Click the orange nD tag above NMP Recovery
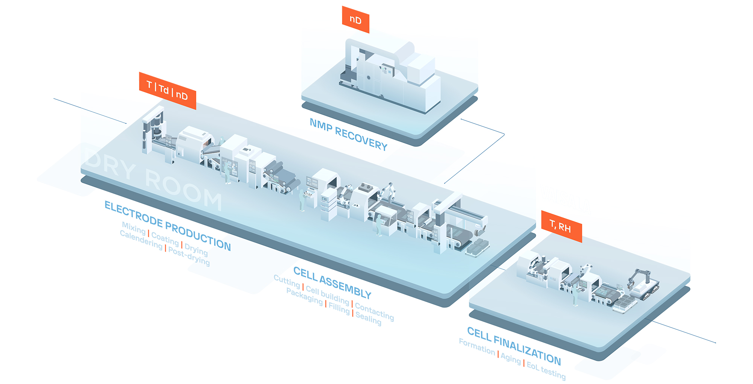pyautogui.click(x=355, y=20)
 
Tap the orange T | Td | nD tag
pyautogui.click(x=167, y=90)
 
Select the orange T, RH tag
pyautogui.click(x=561, y=226)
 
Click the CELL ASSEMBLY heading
pyautogui.click(x=332, y=282)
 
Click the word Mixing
pyautogui.click(x=134, y=228)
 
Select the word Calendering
pyautogui.click(x=141, y=240)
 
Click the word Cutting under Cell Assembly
pyautogui.click(x=287, y=281)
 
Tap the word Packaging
pyautogui.click(x=305, y=296)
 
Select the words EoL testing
pyautogui.click(x=546, y=370)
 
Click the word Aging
pyautogui.click(x=511, y=358)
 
